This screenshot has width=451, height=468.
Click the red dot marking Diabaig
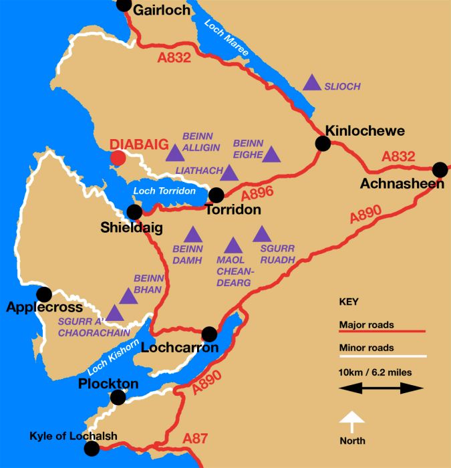pos(118,158)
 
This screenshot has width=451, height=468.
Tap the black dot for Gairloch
pos(124,5)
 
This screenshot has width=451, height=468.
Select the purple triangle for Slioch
pos(311,83)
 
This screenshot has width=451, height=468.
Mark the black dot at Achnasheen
pos(440,169)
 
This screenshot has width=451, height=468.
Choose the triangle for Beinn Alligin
pos(175,153)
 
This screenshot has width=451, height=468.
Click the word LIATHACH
pos(198,171)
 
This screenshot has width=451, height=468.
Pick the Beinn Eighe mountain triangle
pos(271,155)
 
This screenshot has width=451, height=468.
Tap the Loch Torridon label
pos(164,192)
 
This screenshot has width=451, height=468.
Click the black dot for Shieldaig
pos(134,212)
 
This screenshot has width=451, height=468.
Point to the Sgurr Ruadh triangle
pos(261,234)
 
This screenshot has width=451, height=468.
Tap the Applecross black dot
pos(44,294)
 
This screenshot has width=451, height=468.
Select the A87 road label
pos(196,438)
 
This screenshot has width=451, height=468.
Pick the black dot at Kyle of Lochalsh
pos(91,449)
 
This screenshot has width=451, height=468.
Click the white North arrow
pos(353,425)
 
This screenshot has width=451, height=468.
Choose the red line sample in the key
pos(382,331)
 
